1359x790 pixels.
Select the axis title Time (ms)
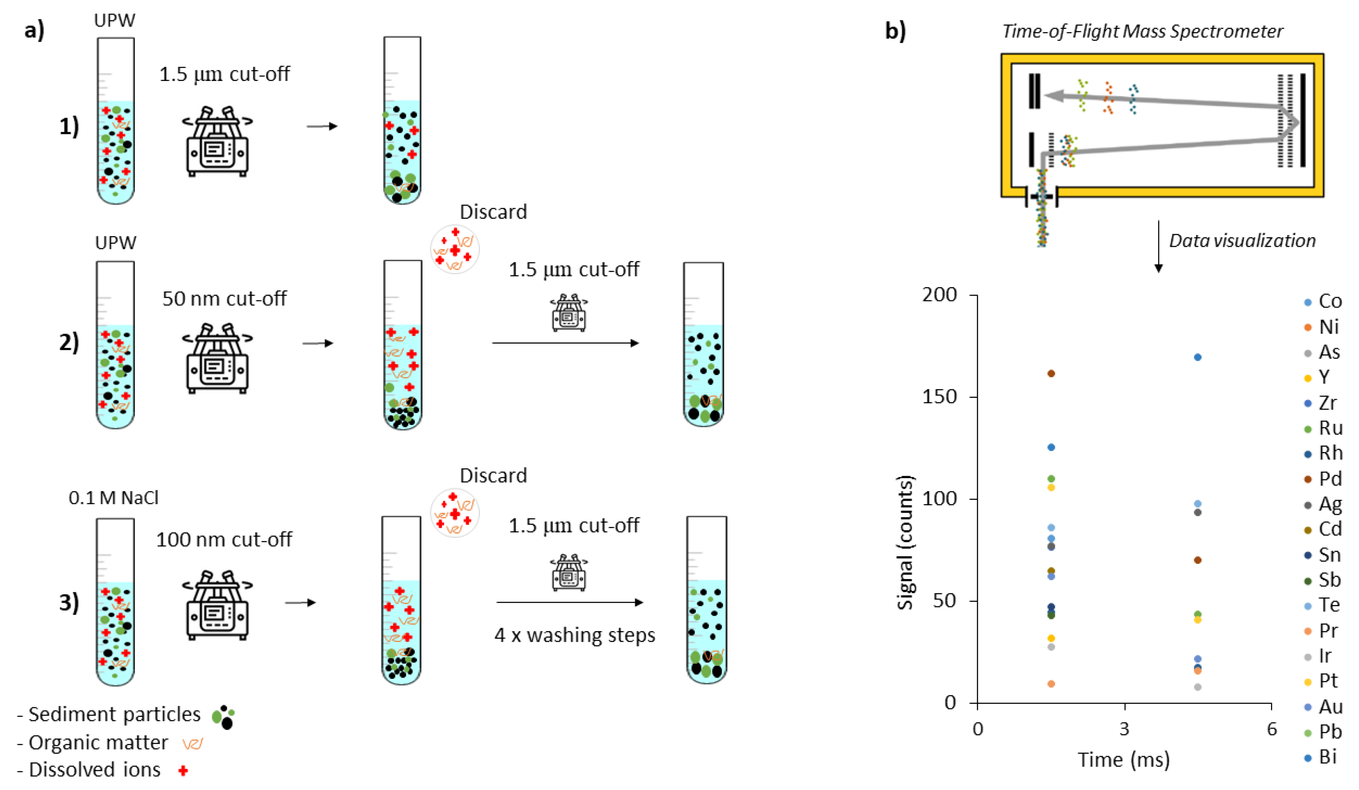click(1124, 760)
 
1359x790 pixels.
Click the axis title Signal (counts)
click(906, 542)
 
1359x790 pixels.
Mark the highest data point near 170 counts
click(1198, 357)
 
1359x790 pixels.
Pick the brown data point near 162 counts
click(1051, 373)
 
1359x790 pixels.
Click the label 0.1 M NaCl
click(113, 498)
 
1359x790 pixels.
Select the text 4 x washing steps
click(575, 635)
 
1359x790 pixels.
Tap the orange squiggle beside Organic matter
click(193, 744)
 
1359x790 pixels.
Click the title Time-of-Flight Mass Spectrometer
click(1142, 31)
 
